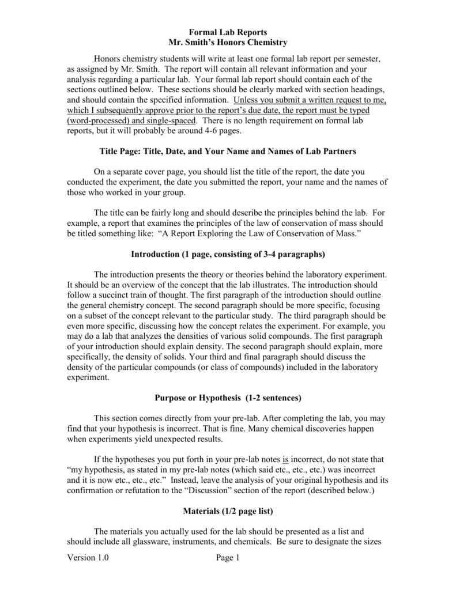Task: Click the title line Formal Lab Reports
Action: click(x=228, y=32)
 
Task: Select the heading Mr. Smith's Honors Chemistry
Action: click(x=228, y=43)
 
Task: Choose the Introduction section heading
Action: click(x=228, y=254)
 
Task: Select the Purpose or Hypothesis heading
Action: click(x=228, y=398)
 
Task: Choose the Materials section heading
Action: click(x=228, y=511)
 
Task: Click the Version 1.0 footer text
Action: click(x=88, y=558)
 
